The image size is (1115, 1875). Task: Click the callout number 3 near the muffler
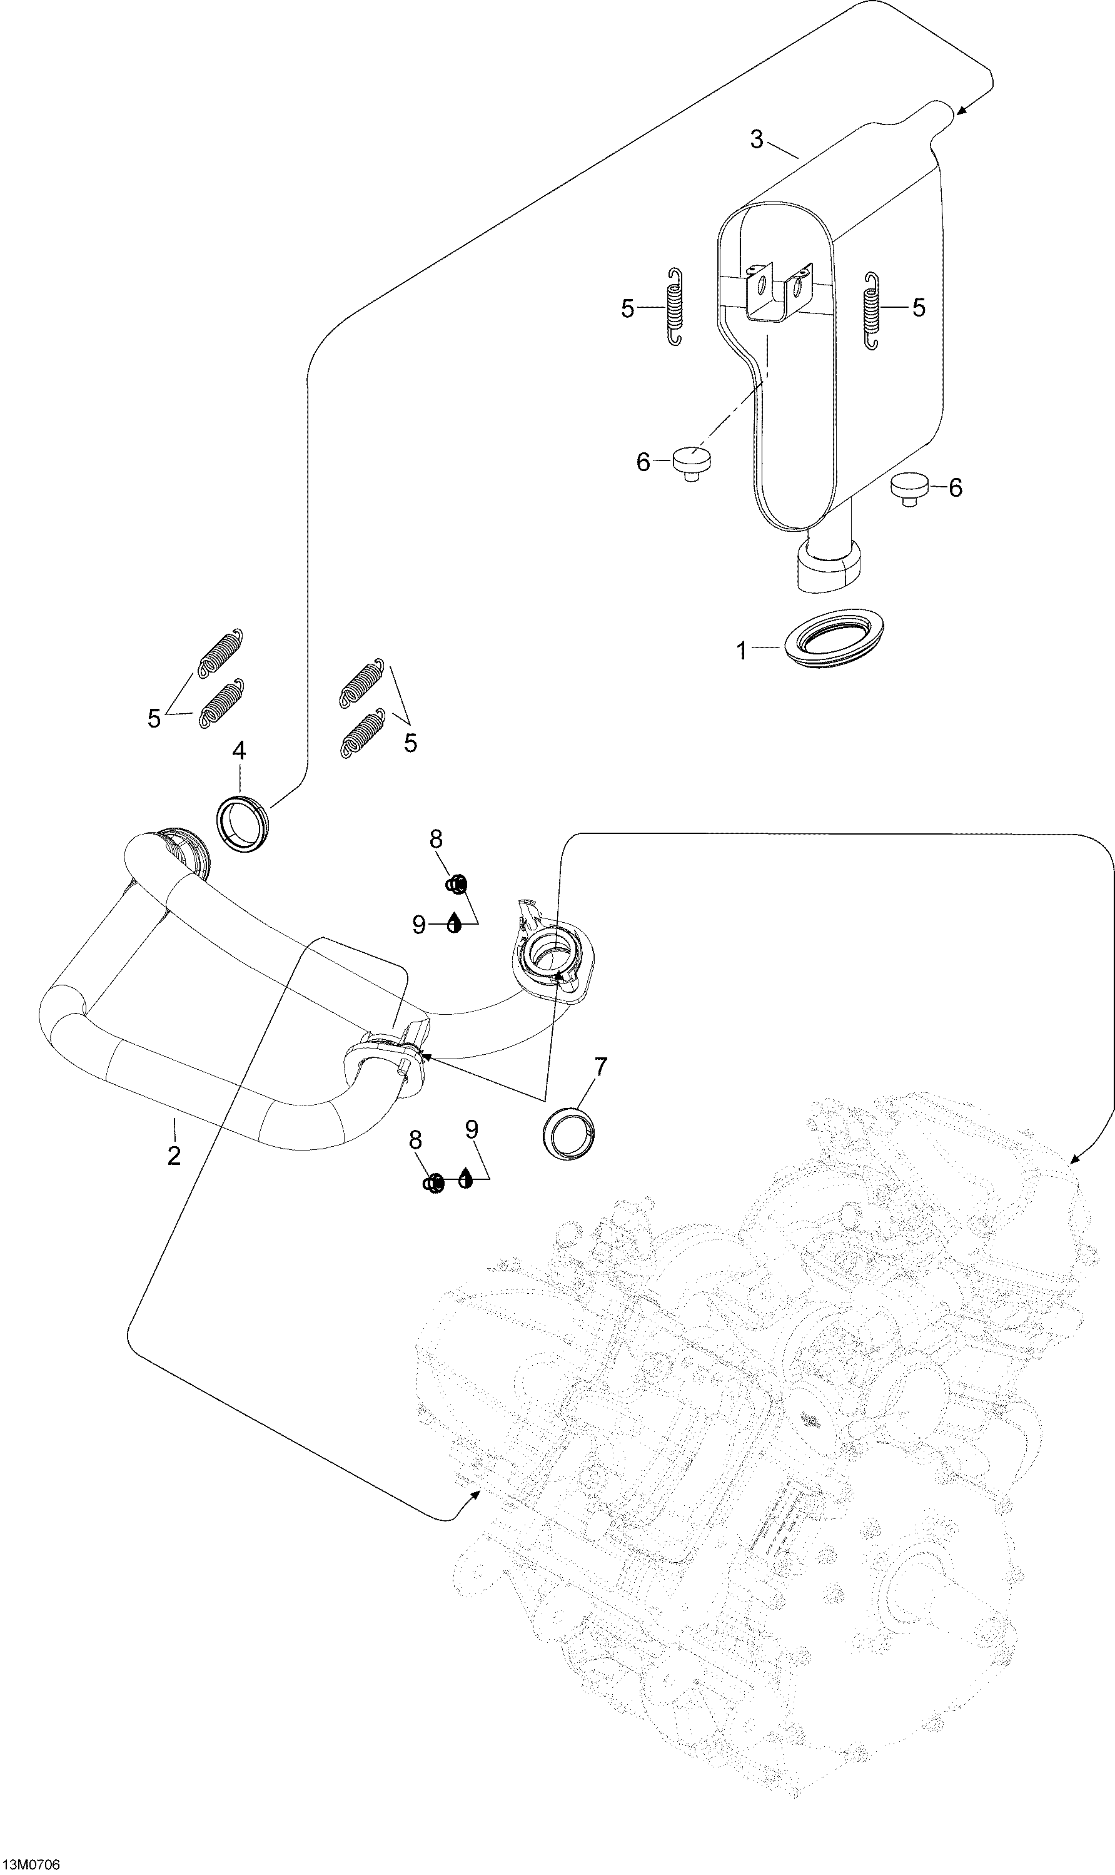coord(757,139)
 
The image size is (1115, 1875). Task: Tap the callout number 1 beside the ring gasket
coord(742,650)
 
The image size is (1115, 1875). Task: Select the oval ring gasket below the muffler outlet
coord(833,638)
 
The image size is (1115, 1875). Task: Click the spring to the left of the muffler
coord(675,307)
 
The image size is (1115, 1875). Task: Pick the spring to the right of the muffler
coord(872,310)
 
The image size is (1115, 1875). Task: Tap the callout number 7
coord(600,1067)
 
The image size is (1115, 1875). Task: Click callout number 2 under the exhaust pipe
coord(174,1156)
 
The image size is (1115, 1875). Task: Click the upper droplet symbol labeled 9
coord(454,922)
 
